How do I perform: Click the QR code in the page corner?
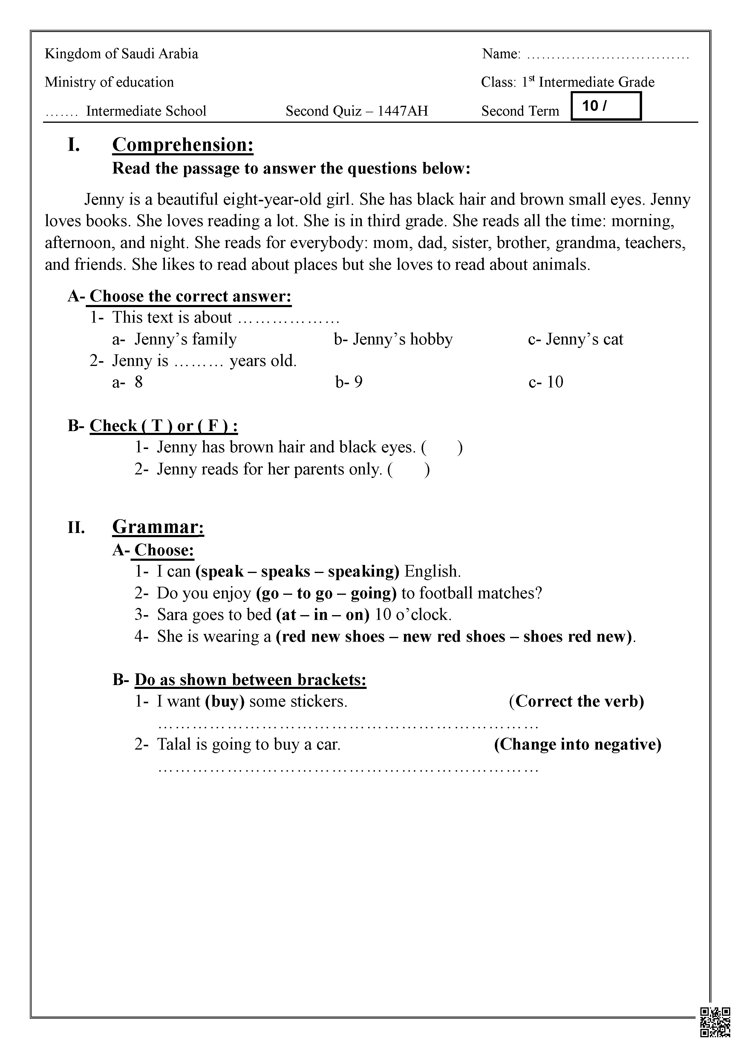coord(715,1022)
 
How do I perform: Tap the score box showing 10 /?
coord(606,106)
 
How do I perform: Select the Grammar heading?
coord(158,527)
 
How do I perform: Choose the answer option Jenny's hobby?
coord(393,339)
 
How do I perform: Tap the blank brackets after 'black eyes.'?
coord(442,447)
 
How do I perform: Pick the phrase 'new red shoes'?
coord(454,636)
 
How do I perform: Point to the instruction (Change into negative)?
coord(578,744)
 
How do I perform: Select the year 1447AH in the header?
coord(403,111)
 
